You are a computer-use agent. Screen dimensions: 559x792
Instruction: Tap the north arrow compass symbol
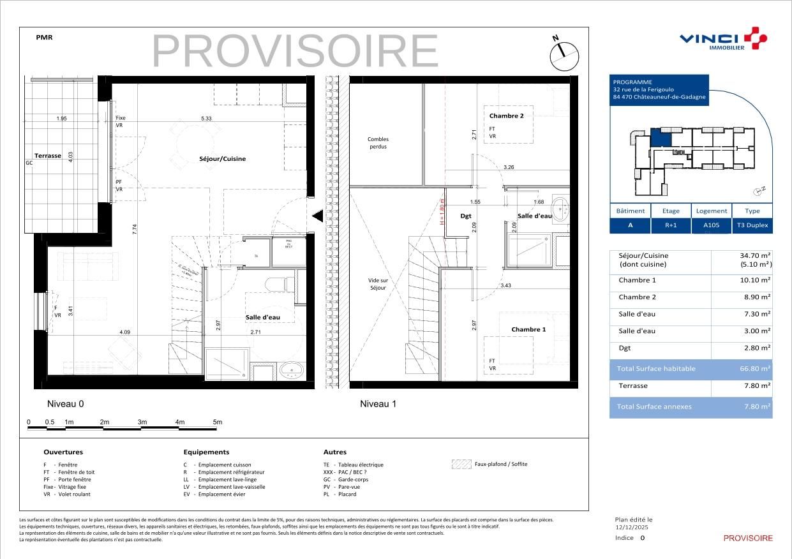(x=564, y=56)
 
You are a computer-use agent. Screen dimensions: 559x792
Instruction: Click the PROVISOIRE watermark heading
(x=295, y=51)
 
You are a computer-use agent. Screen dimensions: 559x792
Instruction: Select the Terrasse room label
(x=48, y=156)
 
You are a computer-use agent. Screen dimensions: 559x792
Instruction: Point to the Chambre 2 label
(x=506, y=116)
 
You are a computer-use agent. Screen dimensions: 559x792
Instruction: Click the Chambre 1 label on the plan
(x=528, y=330)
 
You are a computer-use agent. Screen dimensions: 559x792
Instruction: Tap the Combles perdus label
(x=378, y=143)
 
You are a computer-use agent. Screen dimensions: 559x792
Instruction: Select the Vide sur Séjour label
(x=378, y=285)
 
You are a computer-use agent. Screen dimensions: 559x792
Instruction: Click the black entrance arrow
(x=317, y=217)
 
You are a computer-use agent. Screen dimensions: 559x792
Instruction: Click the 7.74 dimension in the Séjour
(x=135, y=230)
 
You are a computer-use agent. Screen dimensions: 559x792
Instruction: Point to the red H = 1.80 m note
(x=441, y=212)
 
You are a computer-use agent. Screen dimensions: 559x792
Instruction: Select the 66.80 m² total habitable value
(x=755, y=369)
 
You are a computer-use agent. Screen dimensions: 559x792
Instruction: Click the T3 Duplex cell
(x=752, y=225)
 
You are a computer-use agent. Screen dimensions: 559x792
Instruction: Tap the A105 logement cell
(x=711, y=225)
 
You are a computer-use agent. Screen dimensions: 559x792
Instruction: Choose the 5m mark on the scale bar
(x=217, y=422)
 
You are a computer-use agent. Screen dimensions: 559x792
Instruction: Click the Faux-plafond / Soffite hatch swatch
(x=461, y=465)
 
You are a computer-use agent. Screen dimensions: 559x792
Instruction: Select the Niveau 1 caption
(x=378, y=404)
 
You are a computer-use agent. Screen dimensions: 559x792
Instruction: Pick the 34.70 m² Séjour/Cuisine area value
(x=755, y=255)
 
